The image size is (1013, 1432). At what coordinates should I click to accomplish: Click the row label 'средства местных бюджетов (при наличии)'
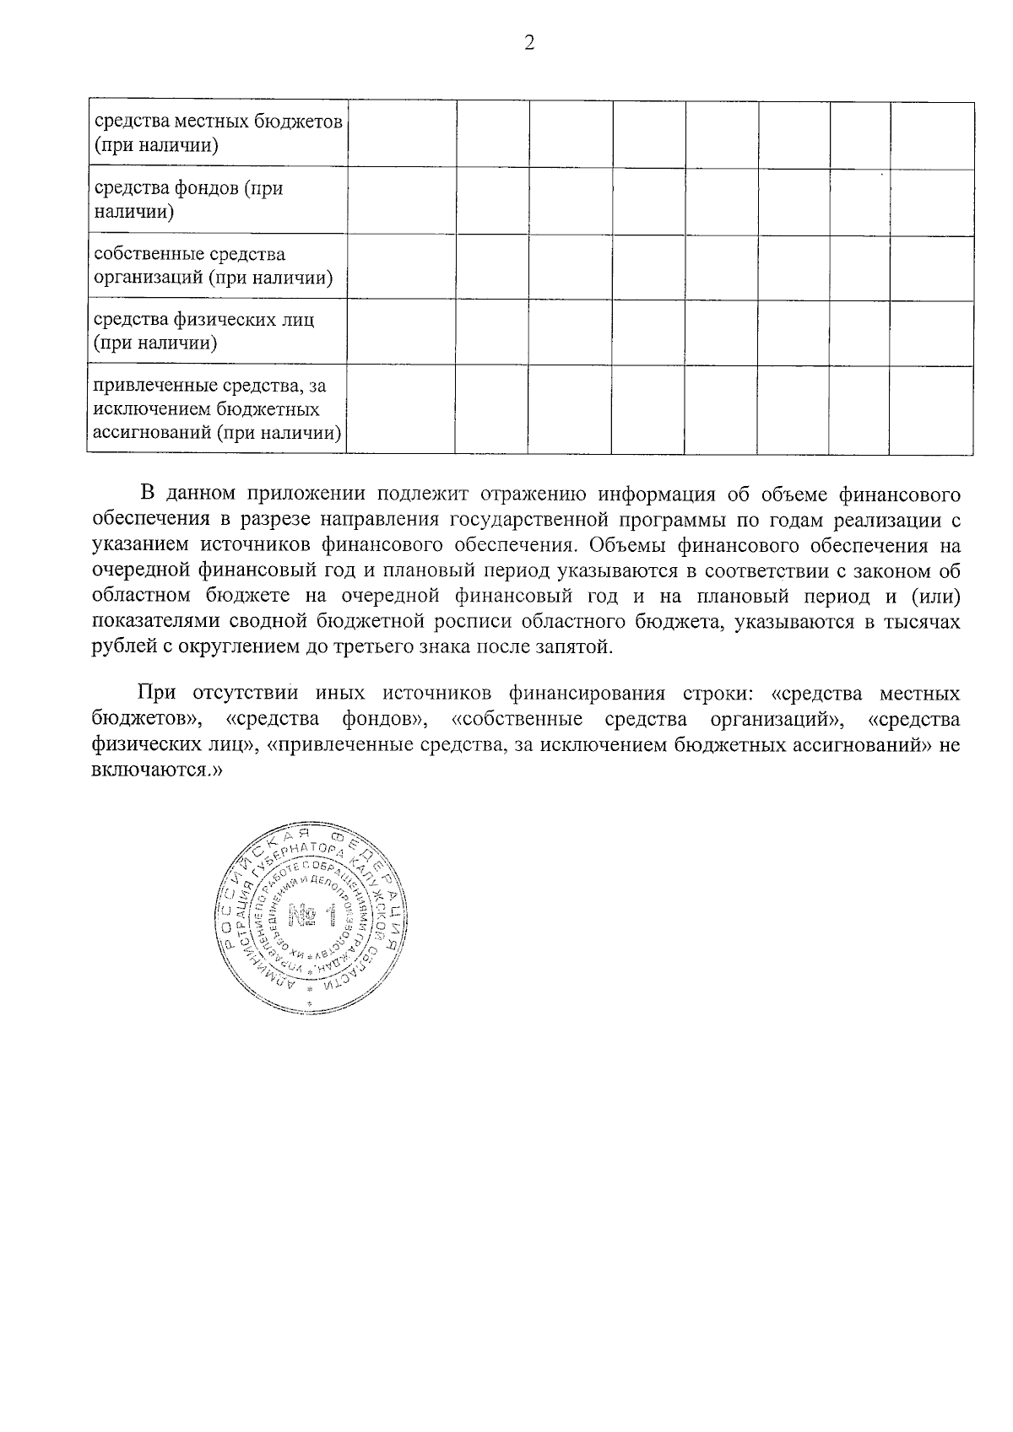click(x=218, y=132)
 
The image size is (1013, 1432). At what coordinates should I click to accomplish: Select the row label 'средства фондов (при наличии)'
click(x=187, y=199)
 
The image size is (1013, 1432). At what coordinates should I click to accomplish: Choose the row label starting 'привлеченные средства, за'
click(x=218, y=409)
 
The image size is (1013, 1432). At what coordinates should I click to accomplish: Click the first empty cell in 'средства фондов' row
click(x=402, y=200)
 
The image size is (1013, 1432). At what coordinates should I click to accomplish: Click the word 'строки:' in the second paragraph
click(x=718, y=694)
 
